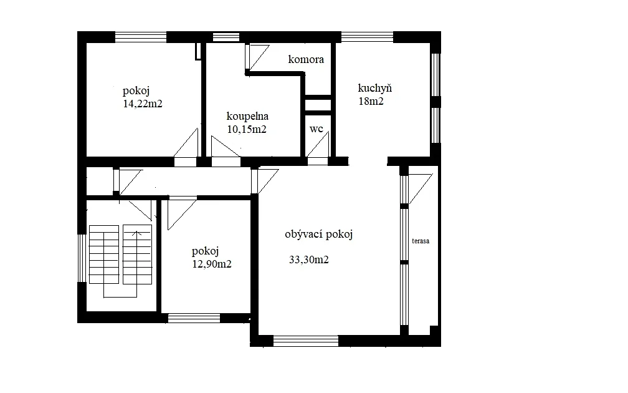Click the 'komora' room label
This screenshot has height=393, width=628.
[x=306, y=59]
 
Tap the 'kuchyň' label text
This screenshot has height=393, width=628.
[x=375, y=88]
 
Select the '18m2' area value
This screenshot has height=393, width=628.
[x=371, y=101]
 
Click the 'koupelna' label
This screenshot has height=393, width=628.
[x=247, y=116]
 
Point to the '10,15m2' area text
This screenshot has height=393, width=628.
[x=247, y=130]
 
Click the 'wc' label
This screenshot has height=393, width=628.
[x=316, y=129]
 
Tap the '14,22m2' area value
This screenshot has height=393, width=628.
[x=143, y=104]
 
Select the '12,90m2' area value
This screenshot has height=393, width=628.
[x=212, y=264]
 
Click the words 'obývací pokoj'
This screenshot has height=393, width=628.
[x=319, y=234]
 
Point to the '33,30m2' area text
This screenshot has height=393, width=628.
[x=309, y=260]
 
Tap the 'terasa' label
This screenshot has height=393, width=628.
[x=421, y=241]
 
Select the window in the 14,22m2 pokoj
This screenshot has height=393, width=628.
[x=141, y=37]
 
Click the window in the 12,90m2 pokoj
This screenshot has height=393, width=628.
[x=194, y=318]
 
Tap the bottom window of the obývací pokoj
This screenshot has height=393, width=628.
[x=306, y=341]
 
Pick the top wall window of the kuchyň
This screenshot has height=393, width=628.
[x=368, y=37]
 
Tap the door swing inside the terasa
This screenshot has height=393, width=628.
[x=421, y=188]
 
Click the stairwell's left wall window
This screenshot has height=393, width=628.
[x=82, y=258]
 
